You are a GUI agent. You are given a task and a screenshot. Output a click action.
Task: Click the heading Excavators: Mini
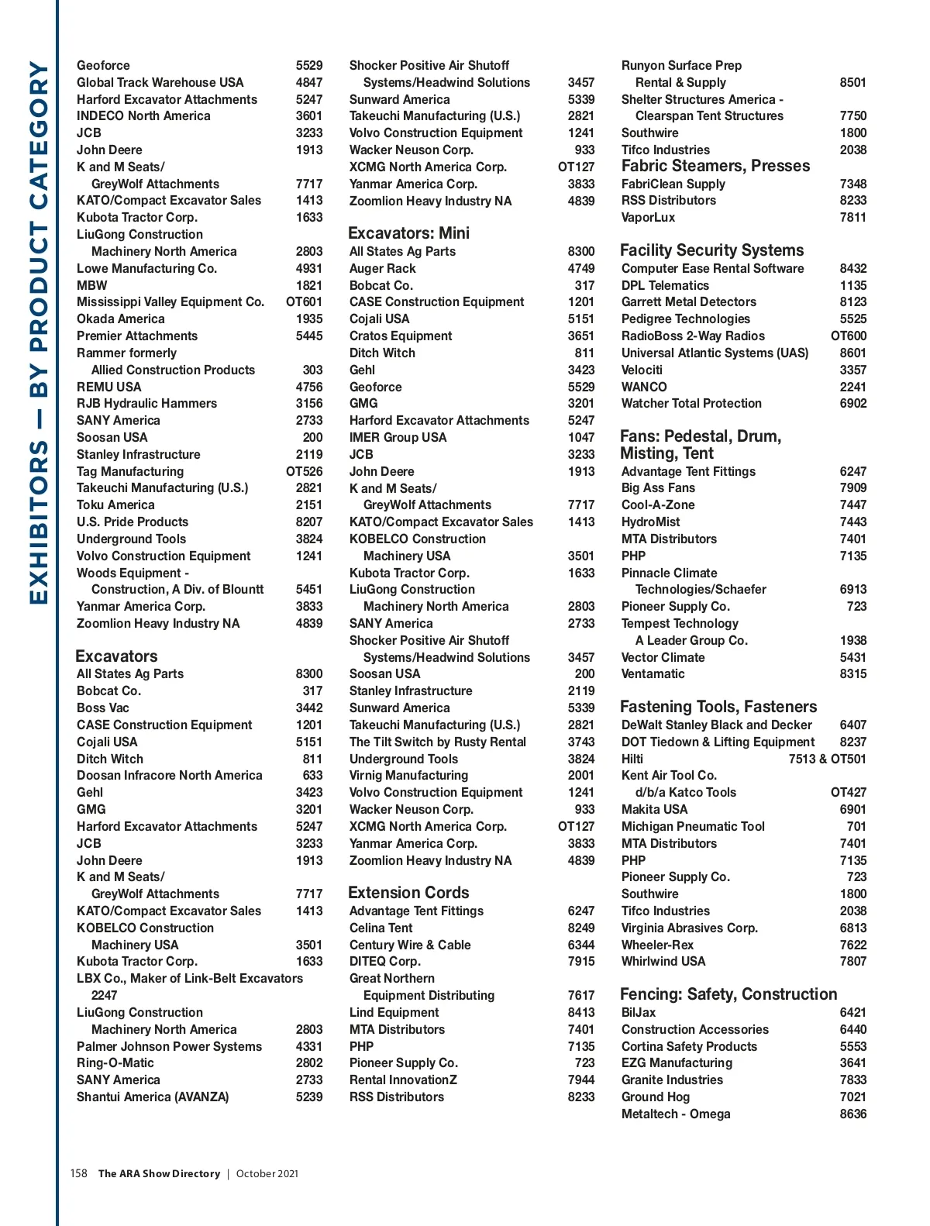point(408,233)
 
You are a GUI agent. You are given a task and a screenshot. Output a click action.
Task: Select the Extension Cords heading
point(408,893)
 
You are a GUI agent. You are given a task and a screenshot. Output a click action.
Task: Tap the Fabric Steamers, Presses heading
point(715,166)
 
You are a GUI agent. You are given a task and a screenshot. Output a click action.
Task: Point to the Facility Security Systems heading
point(711,250)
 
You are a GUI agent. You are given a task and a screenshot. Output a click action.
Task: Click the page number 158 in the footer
point(78,1173)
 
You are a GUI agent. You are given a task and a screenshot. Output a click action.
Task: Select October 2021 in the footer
point(267,1173)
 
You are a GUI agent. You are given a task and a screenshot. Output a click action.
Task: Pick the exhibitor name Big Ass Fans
point(658,487)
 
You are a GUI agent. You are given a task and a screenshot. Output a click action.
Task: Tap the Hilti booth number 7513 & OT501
point(827,759)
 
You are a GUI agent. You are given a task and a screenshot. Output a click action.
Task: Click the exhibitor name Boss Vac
point(103,708)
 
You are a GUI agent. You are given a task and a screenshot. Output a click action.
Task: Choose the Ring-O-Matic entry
point(115,1062)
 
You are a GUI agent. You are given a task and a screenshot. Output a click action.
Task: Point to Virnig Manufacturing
point(408,775)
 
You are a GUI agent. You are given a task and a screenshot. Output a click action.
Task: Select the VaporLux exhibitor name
point(648,217)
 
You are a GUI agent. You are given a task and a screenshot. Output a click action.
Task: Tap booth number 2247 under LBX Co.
point(104,995)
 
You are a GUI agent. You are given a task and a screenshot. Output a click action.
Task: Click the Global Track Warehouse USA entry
point(160,82)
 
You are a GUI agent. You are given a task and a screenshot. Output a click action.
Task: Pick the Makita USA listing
point(654,809)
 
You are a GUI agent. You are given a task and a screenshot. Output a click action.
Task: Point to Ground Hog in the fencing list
point(655,1097)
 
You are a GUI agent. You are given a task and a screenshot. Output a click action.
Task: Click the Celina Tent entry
point(381,928)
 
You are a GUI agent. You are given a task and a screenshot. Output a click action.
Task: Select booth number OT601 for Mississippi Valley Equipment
point(304,301)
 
